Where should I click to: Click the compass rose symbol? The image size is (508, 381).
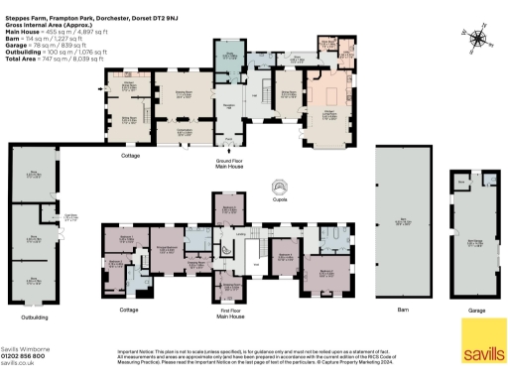click(x=480, y=39)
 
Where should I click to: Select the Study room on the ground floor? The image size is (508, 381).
click(x=227, y=56)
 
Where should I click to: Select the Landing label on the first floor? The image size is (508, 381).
click(x=242, y=234)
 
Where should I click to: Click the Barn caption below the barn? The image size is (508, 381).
click(x=403, y=312)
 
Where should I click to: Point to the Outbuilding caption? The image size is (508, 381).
click(x=38, y=317)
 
